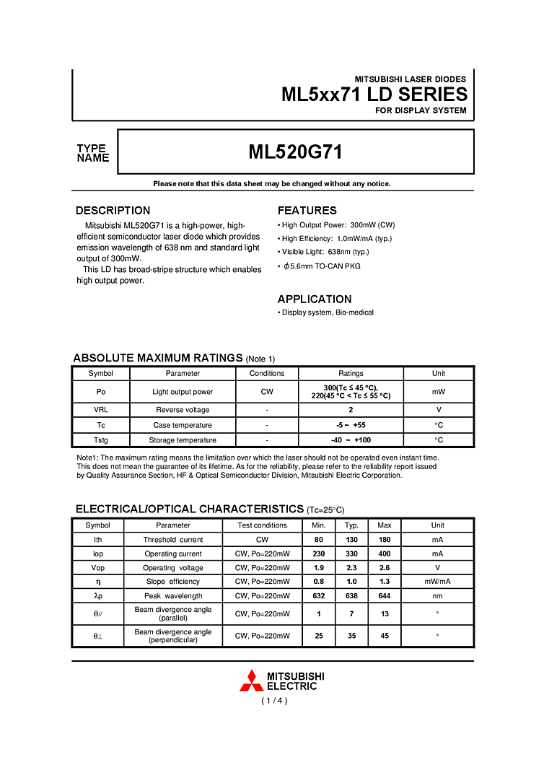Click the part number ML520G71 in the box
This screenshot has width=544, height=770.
(x=295, y=152)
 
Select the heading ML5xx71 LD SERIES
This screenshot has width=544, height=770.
(x=374, y=95)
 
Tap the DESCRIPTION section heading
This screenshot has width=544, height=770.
(x=113, y=211)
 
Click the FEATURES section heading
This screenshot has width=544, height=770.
(x=307, y=211)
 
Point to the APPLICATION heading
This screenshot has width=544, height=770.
(x=315, y=299)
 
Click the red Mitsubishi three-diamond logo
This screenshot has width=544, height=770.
(x=251, y=681)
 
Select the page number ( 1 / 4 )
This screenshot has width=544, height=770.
(x=274, y=700)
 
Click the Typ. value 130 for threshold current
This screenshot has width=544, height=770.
(x=351, y=540)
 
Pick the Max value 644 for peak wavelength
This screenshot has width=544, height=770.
(x=385, y=596)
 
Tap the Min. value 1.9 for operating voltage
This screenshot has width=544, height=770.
(x=318, y=568)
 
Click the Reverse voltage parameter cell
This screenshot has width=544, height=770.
(x=183, y=410)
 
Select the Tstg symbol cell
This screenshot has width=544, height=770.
(x=100, y=440)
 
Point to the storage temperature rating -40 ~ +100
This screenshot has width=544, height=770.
(x=351, y=440)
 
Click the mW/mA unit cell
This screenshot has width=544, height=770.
(x=437, y=582)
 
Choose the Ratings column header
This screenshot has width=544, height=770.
(x=351, y=374)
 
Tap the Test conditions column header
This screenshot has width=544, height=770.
(x=262, y=525)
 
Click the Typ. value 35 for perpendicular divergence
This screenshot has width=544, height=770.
(x=351, y=636)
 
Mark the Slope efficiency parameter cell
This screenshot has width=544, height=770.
(x=173, y=582)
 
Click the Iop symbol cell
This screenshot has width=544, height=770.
(x=98, y=554)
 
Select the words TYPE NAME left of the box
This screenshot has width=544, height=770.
(x=93, y=153)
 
